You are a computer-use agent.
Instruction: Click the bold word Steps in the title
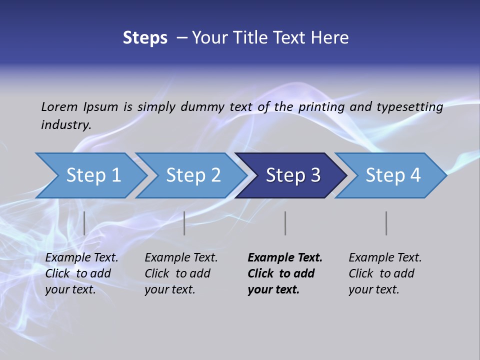[145, 38]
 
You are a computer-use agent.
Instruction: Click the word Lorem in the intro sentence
[59, 106]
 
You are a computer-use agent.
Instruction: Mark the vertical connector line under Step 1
[84, 223]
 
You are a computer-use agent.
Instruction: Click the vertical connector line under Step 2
[184, 223]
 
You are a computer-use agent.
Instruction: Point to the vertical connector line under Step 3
[285, 223]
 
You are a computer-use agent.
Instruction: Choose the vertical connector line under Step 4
[386, 223]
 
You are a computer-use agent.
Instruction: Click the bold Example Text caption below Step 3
[285, 273]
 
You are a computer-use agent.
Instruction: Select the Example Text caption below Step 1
[81, 273]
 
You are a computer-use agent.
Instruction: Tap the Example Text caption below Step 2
[181, 273]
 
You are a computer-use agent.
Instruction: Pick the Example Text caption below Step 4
[385, 273]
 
